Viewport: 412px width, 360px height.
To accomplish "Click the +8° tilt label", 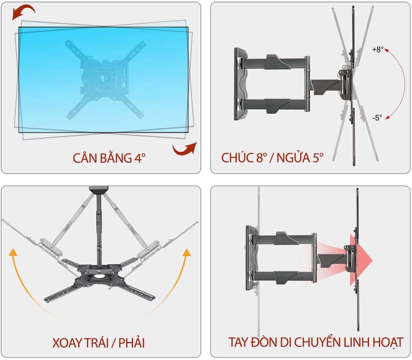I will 377,50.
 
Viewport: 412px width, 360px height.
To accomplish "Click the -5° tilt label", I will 377,118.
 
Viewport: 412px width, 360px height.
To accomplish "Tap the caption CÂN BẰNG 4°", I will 109,157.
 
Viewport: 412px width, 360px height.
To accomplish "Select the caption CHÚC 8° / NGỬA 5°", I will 272,157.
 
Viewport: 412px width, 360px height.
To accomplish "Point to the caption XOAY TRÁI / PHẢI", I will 99,343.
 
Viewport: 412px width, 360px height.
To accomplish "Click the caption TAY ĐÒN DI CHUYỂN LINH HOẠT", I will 315,342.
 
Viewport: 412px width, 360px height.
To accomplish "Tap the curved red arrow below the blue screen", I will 185,149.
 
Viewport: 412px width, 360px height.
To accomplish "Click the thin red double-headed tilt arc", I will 403,83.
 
